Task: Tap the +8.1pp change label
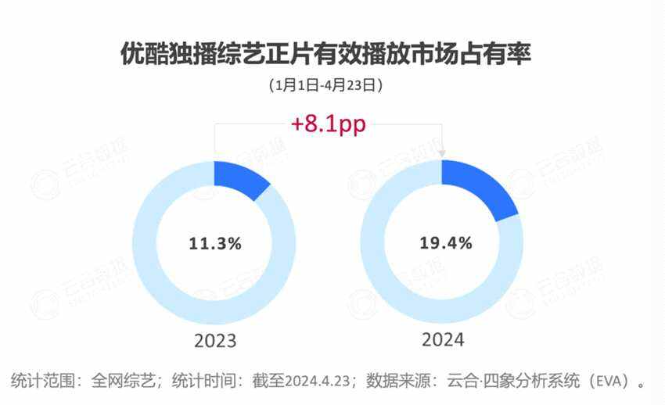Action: (x=328, y=124)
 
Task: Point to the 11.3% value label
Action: (x=215, y=243)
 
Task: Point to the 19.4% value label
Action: (x=444, y=243)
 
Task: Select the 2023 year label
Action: (x=214, y=342)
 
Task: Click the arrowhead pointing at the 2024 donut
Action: (x=444, y=153)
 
